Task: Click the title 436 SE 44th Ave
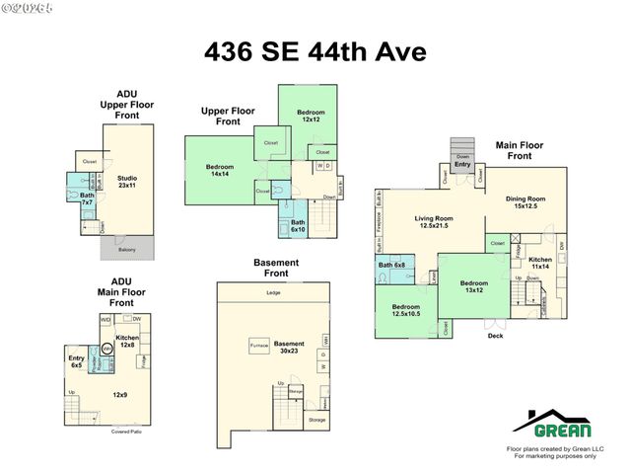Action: [x=315, y=51]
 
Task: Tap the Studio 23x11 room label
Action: [x=126, y=180]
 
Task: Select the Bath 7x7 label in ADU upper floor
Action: [x=87, y=198]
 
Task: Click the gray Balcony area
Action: [x=127, y=250]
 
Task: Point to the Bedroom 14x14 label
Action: [x=220, y=170]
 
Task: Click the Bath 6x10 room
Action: [x=298, y=226]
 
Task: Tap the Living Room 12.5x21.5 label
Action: [x=432, y=222]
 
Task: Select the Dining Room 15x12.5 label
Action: [x=529, y=201]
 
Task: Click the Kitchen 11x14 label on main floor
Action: [x=540, y=263]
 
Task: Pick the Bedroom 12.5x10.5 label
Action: [x=405, y=310]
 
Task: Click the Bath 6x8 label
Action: [x=391, y=265]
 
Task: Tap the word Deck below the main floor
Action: [x=495, y=336]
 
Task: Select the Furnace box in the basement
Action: [x=259, y=347]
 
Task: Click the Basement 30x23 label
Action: [x=289, y=347]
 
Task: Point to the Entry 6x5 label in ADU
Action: [x=77, y=361]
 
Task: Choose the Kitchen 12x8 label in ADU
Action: [x=128, y=342]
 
